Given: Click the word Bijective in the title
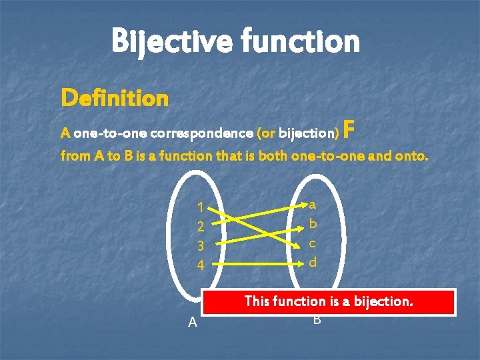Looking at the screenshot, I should [x=169, y=41].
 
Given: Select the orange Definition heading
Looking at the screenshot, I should [x=114, y=99].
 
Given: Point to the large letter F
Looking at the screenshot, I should [x=351, y=131].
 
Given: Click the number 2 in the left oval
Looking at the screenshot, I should [x=200, y=227].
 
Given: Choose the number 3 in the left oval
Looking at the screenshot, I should [x=200, y=246].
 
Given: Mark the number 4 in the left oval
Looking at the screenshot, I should [x=200, y=265].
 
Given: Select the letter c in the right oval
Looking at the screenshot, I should [x=313, y=244].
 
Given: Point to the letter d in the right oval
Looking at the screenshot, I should [x=313, y=263].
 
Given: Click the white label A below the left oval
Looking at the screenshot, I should [x=193, y=323].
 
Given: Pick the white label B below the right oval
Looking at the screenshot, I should [x=317, y=320].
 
